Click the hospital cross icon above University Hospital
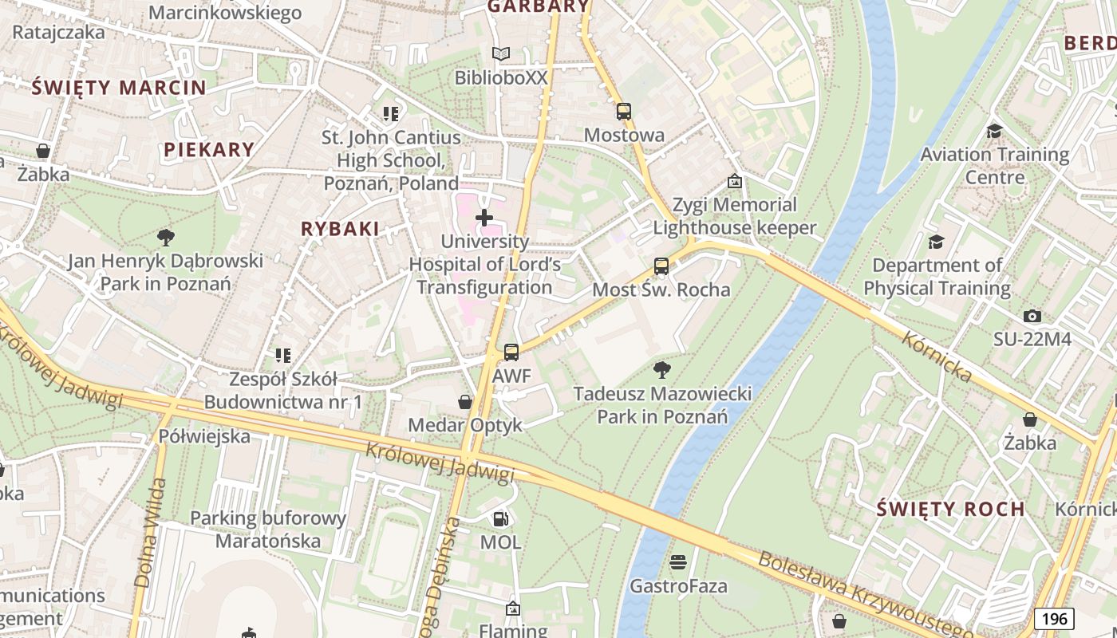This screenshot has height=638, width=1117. (484, 217)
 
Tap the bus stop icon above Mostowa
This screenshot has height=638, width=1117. (624, 112)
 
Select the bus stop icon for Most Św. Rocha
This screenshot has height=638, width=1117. (661, 266)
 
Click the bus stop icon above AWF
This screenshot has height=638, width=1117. (511, 352)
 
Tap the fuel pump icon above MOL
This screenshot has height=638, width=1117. (500, 519)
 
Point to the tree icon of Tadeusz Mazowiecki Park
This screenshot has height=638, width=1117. (661, 369)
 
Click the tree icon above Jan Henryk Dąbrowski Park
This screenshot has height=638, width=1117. (166, 237)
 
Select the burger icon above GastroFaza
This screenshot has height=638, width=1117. (678, 563)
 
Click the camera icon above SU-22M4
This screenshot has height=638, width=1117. (1032, 317)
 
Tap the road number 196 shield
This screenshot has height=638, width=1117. (1055, 619)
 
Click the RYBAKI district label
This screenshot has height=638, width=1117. (340, 229)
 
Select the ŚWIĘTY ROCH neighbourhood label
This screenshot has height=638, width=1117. (950, 509)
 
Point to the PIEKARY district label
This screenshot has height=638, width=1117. (209, 149)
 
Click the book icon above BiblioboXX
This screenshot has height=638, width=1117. (501, 54)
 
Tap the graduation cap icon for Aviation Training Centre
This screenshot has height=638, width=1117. (994, 131)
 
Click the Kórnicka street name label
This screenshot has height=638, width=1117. (937, 356)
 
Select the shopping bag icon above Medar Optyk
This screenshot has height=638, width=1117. (465, 402)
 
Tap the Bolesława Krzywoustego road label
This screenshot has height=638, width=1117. (865, 594)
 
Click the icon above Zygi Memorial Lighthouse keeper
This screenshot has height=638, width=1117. (735, 182)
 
